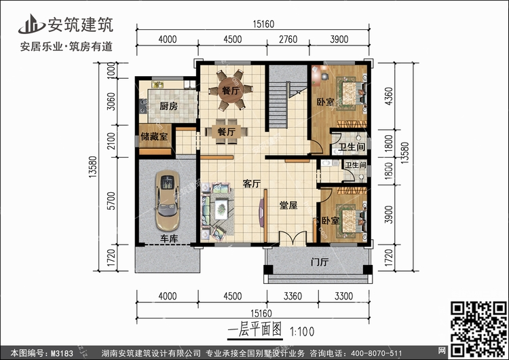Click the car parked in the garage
(166, 201)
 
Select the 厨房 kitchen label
(168, 107)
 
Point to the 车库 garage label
(169, 238)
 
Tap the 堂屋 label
(288, 205)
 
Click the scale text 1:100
(303, 333)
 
